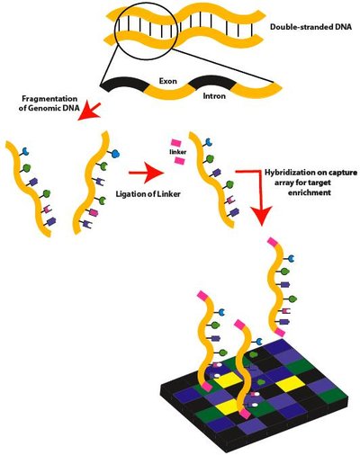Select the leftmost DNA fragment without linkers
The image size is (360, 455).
coord(29,184)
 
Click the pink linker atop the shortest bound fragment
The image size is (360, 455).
coord(239,323)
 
